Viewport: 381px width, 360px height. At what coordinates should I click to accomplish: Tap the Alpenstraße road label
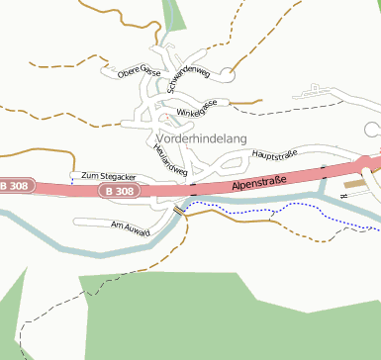point(259,182)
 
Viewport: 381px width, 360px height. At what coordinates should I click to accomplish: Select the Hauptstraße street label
point(276,155)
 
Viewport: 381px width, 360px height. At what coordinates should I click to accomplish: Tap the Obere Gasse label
point(139,72)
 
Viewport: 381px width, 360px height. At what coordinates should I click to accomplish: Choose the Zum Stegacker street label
point(108,174)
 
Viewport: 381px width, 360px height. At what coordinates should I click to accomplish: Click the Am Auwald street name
point(130,227)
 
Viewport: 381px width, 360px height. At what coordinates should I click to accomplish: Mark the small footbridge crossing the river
point(179,210)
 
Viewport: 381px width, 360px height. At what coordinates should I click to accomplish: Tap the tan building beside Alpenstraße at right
point(353,184)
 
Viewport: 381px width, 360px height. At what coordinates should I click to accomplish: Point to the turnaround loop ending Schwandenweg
point(227,73)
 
